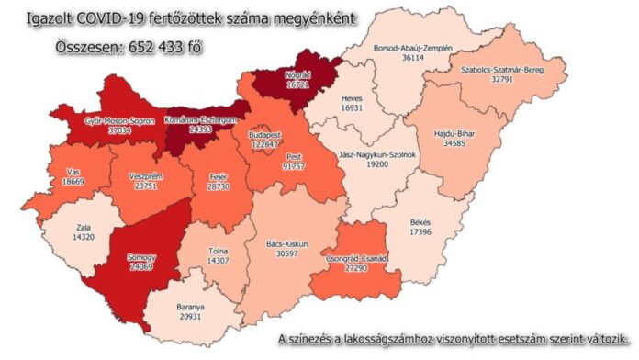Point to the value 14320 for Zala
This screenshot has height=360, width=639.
(87, 237)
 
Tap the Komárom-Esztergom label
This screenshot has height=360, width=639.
(200, 119)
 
